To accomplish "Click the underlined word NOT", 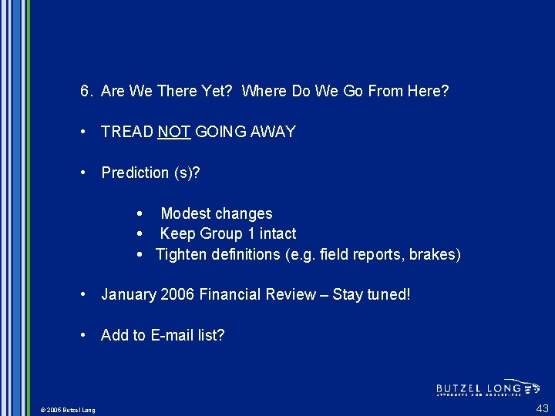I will click(174, 132).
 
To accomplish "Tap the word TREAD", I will click(127, 132).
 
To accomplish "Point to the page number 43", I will click(543, 408).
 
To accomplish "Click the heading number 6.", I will click(86, 91).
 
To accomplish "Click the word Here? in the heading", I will click(428, 91).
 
